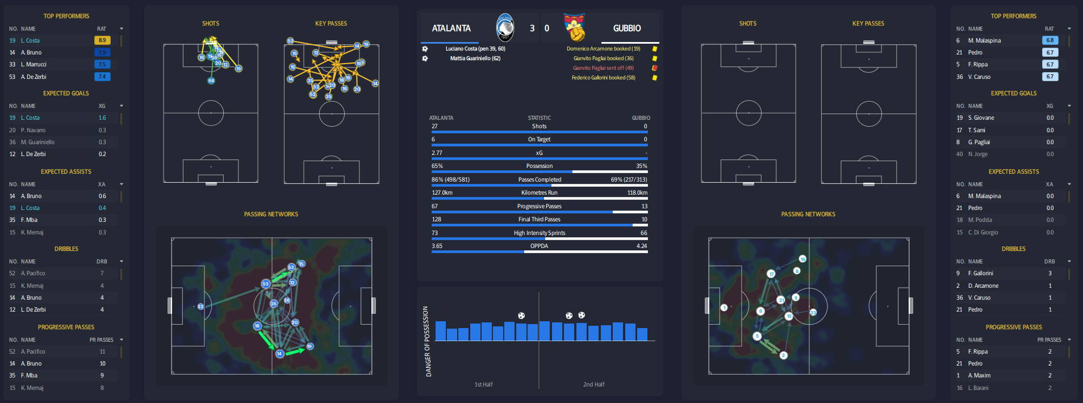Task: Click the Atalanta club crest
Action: tap(504, 27)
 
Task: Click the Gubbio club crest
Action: tap(575, 28)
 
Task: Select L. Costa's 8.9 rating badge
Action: tap(102, 40)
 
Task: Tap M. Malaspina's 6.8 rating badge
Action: tap(1049, 40)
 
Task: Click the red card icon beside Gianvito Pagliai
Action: tap(655, 68)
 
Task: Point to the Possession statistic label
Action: tap(539, 166)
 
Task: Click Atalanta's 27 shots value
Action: tap(434, 127)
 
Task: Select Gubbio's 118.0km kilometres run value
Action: tap(637, 193)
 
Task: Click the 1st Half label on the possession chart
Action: tap(483, 384)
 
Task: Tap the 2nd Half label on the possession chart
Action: tap(593, 384)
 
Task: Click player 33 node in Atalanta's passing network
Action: tap(200, 307)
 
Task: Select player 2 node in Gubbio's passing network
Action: tap(783, 355)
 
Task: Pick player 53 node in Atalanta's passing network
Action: tap(265, 284)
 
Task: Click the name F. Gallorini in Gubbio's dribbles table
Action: tap(981, 274)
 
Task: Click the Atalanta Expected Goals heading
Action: tap(66, 93)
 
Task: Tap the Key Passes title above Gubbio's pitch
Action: tap(868, 24)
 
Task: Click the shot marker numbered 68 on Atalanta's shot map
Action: tap(211, 81)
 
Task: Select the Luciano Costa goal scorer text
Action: tap(475, 49)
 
